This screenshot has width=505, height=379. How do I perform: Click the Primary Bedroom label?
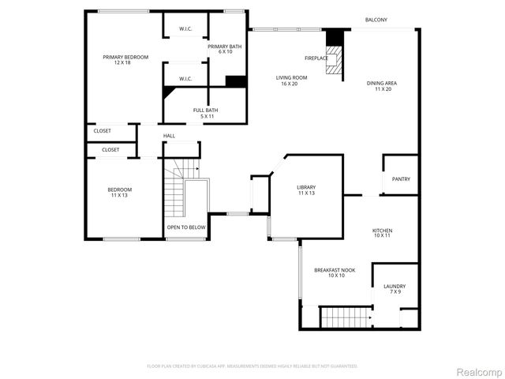click(x=125, y=60)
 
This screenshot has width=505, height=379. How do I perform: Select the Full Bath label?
click(x=206, y=113)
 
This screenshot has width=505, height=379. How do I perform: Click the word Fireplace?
click(x=316, y=58)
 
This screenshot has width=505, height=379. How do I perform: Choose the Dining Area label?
click(x=383, y=86)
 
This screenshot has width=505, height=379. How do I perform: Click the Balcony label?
click(x=376, y=20)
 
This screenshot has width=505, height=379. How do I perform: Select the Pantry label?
click(x=401, y=179)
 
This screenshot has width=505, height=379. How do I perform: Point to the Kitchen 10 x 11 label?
click(x=382, y=233)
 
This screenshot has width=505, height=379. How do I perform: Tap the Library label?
click(x=306, y=190)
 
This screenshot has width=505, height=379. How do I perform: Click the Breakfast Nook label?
click(x=335, y=272)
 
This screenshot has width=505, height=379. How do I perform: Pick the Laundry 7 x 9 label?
click(x=395, y=289)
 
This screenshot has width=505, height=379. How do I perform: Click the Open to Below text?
click(x=186, y=227)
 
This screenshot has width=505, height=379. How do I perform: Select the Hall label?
click(x=169, y=136)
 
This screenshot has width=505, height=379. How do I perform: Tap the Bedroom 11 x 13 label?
click(x=120, y=192)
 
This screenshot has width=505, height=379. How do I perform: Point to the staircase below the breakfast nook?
click(x=344, y=317)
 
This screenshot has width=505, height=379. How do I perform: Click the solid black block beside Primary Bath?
click(x=236, y=81)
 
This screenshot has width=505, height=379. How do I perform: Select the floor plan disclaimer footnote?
click(x=252, y=366)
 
